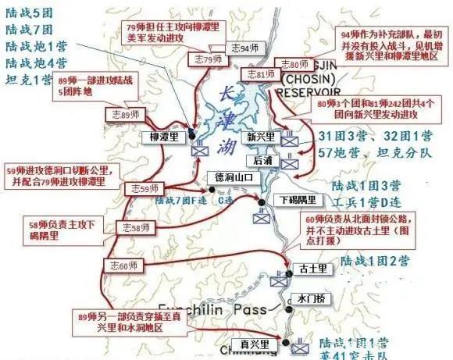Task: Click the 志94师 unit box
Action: [x=239, y=48]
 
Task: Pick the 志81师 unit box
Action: [x=260, y=75]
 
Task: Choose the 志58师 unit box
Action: [x=134, y=228]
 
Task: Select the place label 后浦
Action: [x=263, y=159]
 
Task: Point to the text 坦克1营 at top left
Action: [x=29, y=79]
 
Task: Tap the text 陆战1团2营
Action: [x=366, y=260]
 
